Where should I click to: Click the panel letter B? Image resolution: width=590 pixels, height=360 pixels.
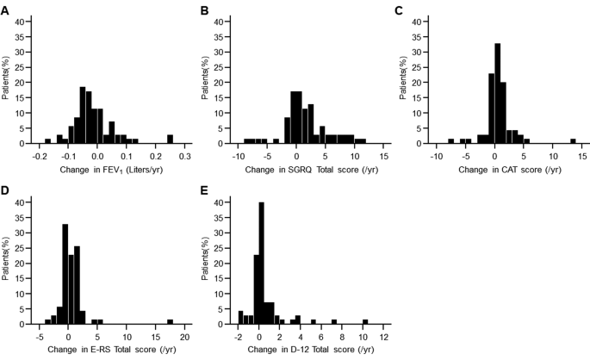click(203, 11)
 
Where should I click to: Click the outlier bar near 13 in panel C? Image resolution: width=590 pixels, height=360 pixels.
click(573, 140)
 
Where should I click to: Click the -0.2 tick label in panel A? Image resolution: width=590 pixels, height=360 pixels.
click(39, 158)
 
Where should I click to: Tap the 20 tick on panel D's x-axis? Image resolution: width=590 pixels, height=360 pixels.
click(183, 338)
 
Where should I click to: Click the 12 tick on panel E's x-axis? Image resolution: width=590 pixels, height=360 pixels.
click(384, 338)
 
